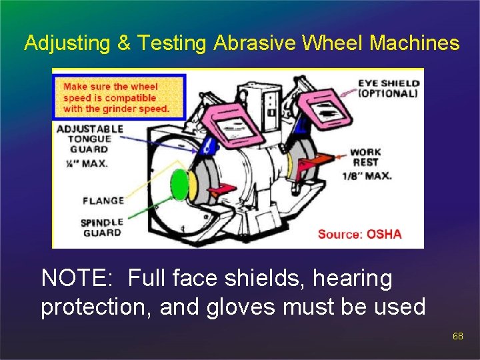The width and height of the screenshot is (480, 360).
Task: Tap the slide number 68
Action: (457, 337)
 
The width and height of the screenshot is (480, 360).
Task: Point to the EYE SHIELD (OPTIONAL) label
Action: (388, 89)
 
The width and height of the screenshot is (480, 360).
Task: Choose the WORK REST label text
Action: (365, 157)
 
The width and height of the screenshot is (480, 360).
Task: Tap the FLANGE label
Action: (103, 201)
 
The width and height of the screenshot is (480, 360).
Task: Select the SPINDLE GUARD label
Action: (101, 227)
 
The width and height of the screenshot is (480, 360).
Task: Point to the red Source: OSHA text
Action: (359, 234)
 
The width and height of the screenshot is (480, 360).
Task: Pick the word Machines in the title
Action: (414, 44)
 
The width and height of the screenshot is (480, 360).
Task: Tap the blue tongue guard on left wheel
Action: (208, 145)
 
